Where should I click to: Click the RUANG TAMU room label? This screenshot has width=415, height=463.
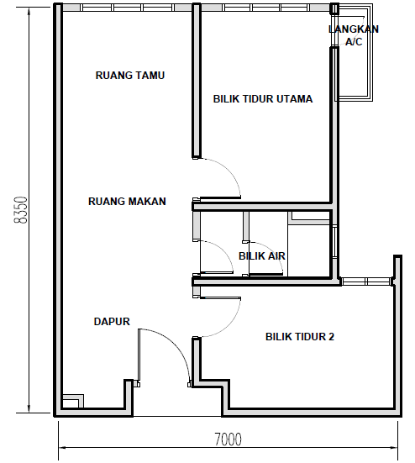(130, 76)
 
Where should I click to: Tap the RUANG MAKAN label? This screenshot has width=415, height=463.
(127, 202)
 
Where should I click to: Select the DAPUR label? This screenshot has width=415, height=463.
(112, 322)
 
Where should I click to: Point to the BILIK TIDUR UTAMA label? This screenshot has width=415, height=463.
(263, 98)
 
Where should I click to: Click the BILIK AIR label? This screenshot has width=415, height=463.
(262, 256)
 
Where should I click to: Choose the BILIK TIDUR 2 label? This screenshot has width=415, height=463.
(300, 337)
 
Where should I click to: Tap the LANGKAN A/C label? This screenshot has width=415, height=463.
(354, 35)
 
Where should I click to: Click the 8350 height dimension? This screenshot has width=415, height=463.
(21, 210)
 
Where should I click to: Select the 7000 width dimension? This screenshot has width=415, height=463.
(228, 439)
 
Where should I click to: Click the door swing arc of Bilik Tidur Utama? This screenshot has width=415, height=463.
(229, 171)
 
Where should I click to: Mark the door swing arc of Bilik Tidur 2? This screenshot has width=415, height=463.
(229, 325)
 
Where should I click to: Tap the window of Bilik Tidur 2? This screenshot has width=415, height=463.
(366, 281)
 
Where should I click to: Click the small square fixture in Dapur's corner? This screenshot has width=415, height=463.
(73, 401)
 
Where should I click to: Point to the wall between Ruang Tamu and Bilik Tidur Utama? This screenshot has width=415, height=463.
(197, 81)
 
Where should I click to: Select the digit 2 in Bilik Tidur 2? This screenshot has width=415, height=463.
(332, 337)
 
